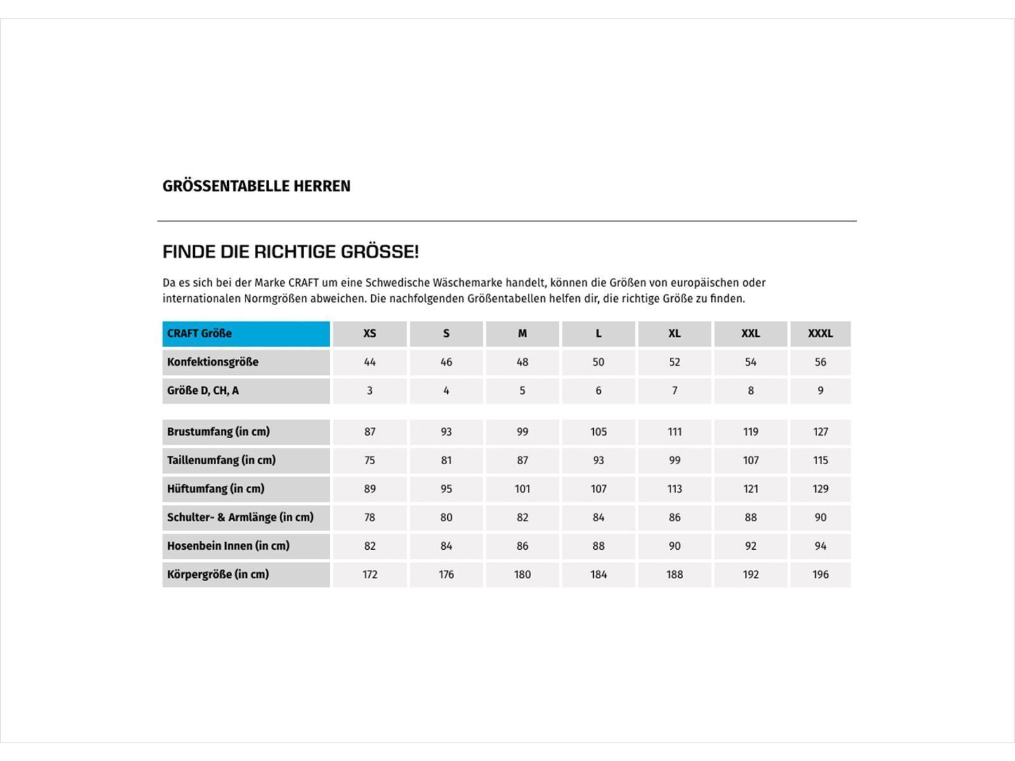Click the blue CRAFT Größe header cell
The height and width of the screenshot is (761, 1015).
coord(246,334)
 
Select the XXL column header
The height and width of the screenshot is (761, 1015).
coord(750,334)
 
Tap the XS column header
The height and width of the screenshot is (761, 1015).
coord(370,334)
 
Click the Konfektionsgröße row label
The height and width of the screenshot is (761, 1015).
coord(213,362)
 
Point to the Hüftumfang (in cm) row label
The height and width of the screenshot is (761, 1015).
coord(216,489)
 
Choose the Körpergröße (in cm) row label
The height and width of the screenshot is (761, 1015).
coord(218,575)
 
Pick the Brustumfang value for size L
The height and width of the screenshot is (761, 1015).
coord(598,432)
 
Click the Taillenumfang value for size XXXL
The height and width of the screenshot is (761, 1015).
coord(820,460)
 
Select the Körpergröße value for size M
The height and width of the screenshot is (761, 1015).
coord(522,575)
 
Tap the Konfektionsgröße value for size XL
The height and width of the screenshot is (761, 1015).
coord(674,362)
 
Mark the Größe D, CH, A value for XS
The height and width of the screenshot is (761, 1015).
coord(370,391)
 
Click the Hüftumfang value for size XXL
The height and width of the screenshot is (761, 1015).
coord(750,489)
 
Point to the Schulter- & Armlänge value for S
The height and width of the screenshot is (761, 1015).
coord(446,517)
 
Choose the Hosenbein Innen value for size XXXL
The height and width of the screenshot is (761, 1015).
coord(820,546)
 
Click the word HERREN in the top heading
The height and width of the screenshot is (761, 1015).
coord(322,186)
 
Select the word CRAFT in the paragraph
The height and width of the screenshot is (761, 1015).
coord(303,283)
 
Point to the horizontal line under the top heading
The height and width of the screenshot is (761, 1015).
coord(507,221)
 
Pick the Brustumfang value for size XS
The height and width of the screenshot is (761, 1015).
coord(370,432)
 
